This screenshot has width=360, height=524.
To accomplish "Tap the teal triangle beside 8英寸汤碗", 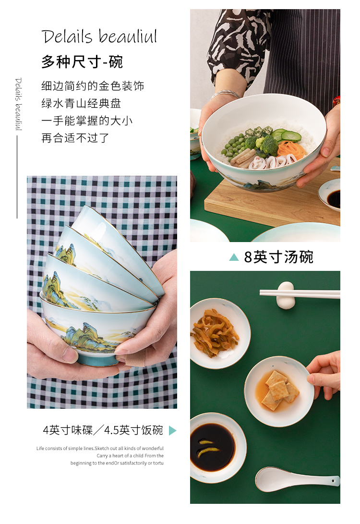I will click(234, 257).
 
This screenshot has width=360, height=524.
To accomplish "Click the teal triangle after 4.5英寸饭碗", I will click(172, 430).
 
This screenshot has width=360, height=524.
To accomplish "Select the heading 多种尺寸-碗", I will click(82, 62).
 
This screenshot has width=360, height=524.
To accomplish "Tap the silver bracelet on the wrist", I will click(226, 94).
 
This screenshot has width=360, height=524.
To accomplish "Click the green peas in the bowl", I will click(232, 146).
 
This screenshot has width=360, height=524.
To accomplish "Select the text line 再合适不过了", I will click(75, 138).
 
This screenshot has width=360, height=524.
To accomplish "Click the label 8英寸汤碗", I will click(278, 257).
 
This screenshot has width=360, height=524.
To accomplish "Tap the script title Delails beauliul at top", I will click(99, 37).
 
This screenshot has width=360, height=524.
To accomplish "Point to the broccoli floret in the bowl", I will click(266, 144).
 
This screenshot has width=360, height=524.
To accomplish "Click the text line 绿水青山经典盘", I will click(81, 103).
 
